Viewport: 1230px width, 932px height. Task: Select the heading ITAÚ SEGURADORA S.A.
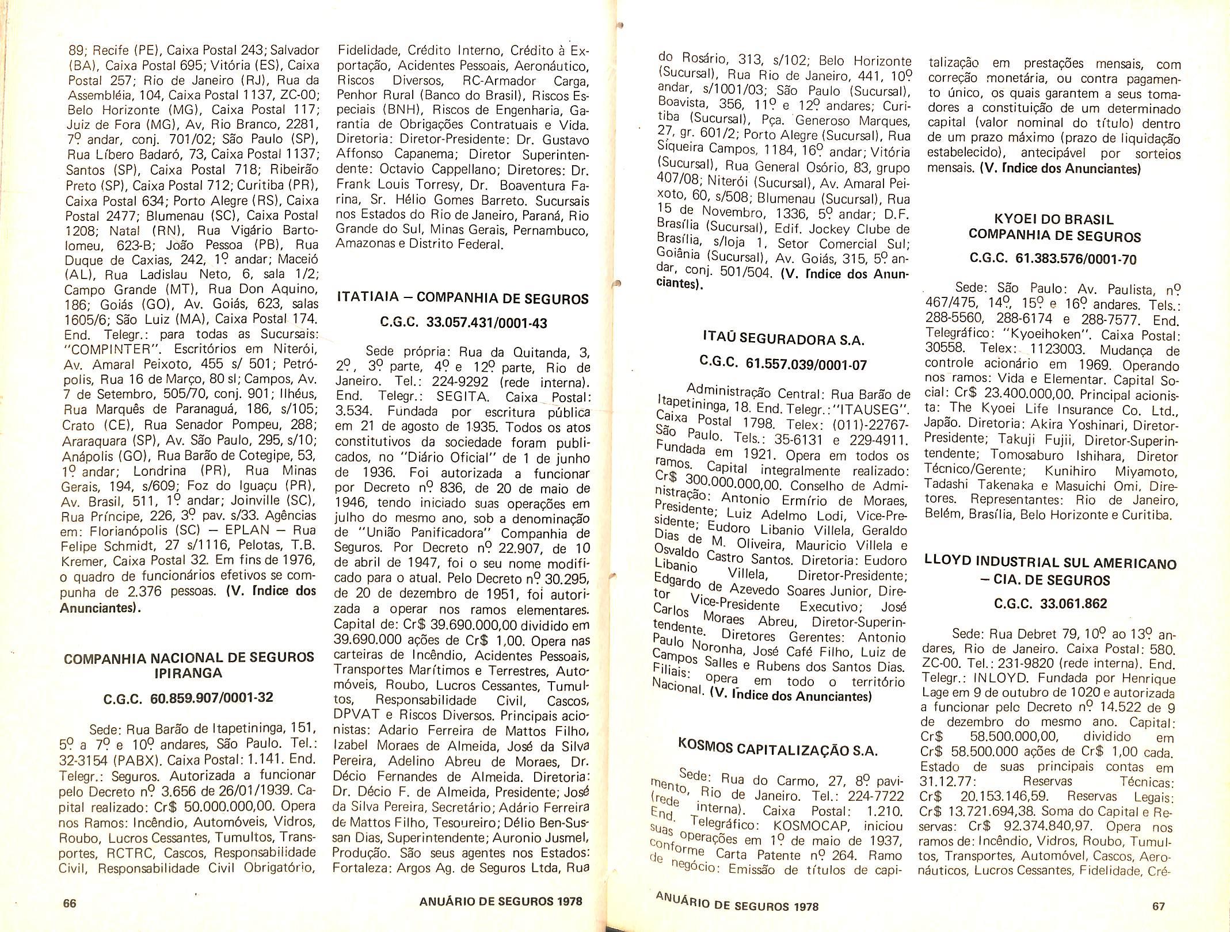click(x=784, y=339)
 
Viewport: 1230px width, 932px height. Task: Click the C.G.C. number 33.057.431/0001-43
click(x=486, y=323)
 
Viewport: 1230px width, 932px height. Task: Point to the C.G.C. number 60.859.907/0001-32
click(x=211, y=698)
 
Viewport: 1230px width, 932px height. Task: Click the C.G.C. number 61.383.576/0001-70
click(x=1076, y=259)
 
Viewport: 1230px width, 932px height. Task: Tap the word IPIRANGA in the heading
click(x=189, y=673)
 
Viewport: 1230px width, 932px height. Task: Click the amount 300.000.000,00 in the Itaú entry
click(x=727, y=484)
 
